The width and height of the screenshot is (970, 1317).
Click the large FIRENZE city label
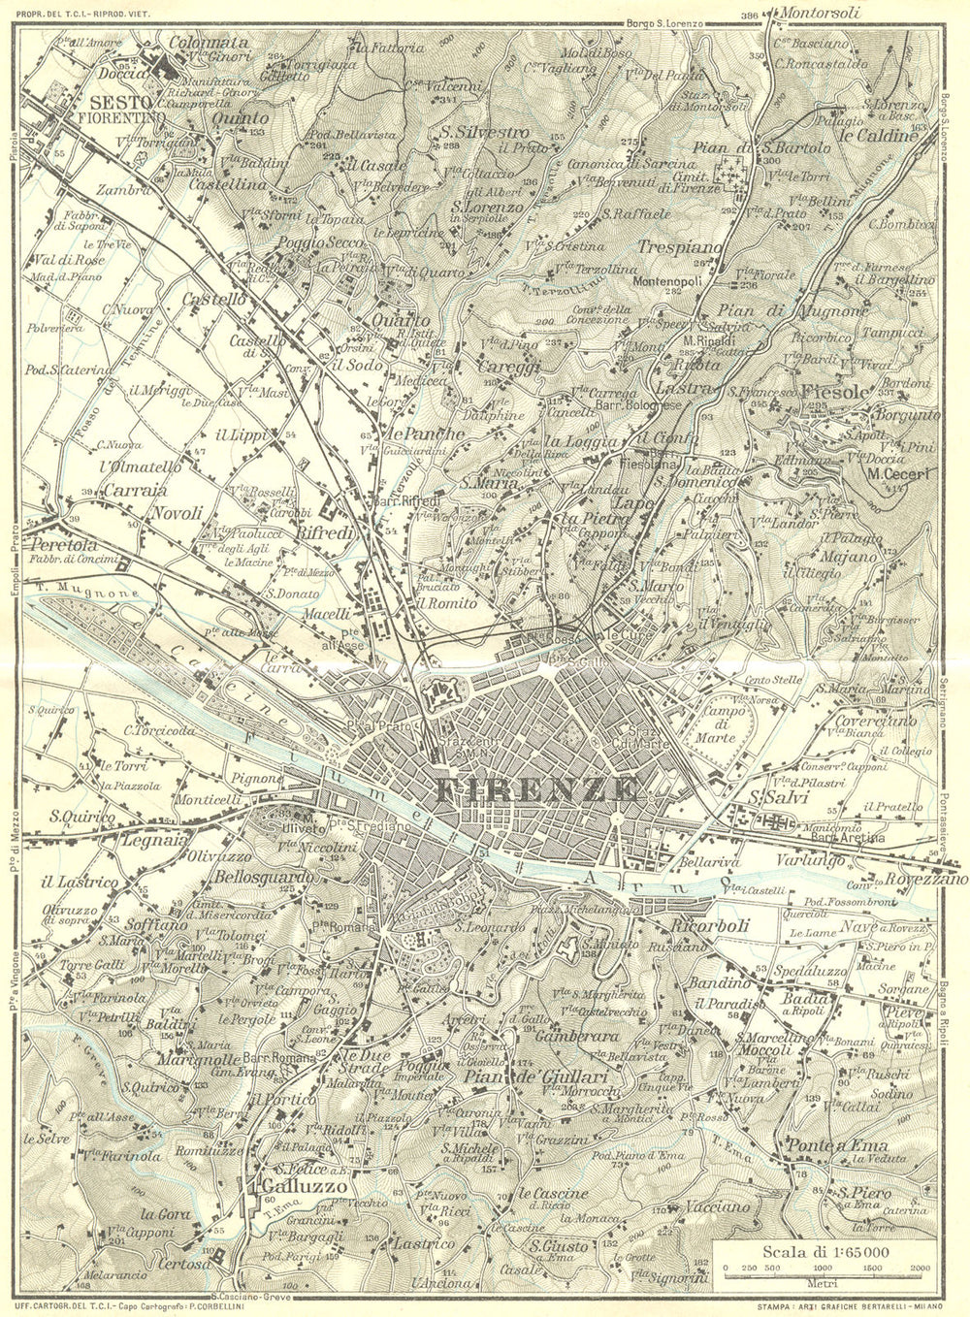pyautogui.click(x=536, y=789)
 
